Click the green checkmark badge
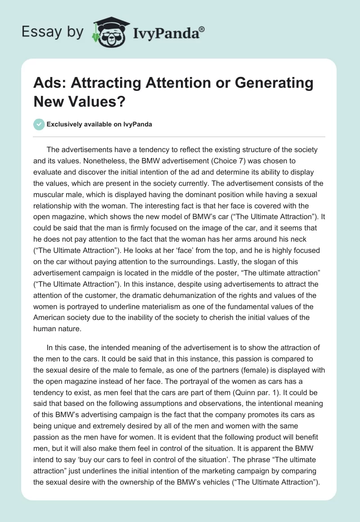[39, 125]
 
